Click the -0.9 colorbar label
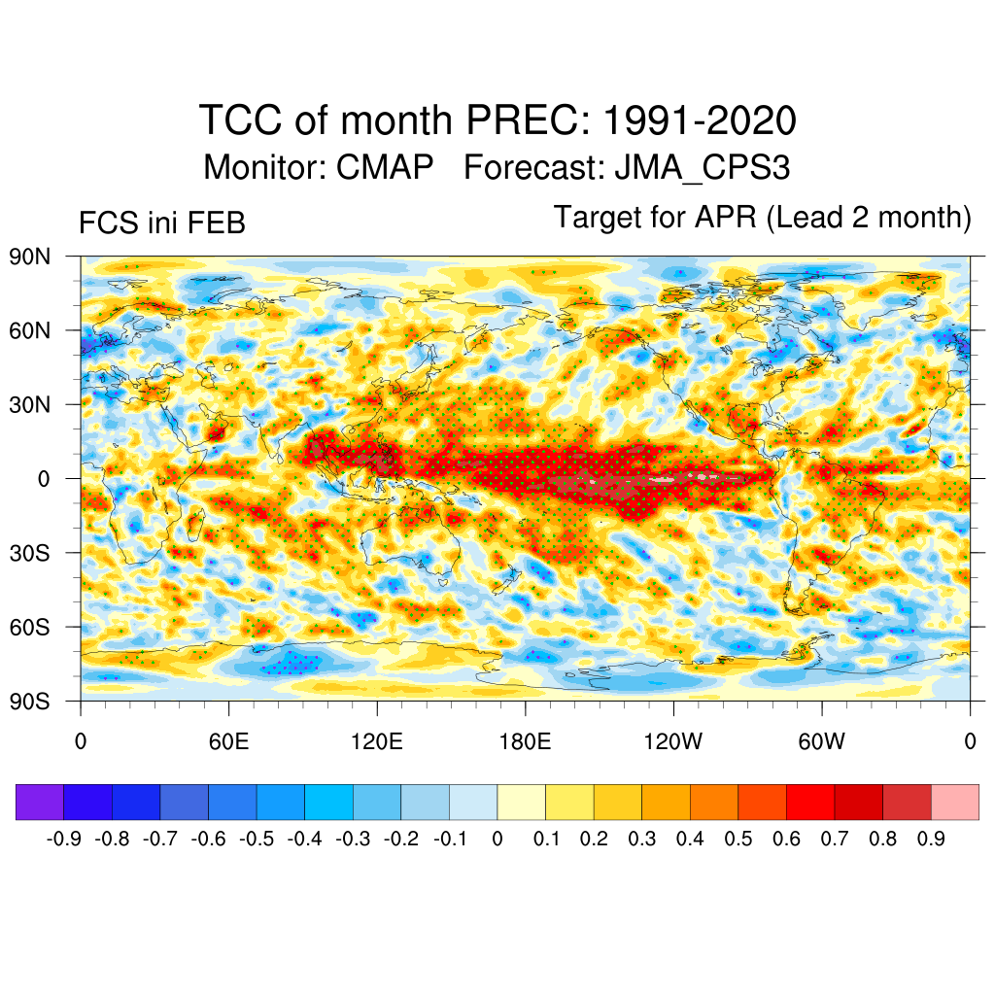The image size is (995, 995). point(64,840)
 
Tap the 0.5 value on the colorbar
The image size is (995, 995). point(738,840)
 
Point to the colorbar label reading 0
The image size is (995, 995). point(497,840)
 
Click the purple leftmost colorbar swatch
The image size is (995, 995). point(40,802)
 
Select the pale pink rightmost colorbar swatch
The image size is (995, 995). point(954,802)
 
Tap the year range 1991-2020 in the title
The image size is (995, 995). point(700,121)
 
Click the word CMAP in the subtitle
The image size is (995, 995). point(385,167)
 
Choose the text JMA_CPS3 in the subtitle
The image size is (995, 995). point(702,167)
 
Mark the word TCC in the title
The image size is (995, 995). point(239,121)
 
